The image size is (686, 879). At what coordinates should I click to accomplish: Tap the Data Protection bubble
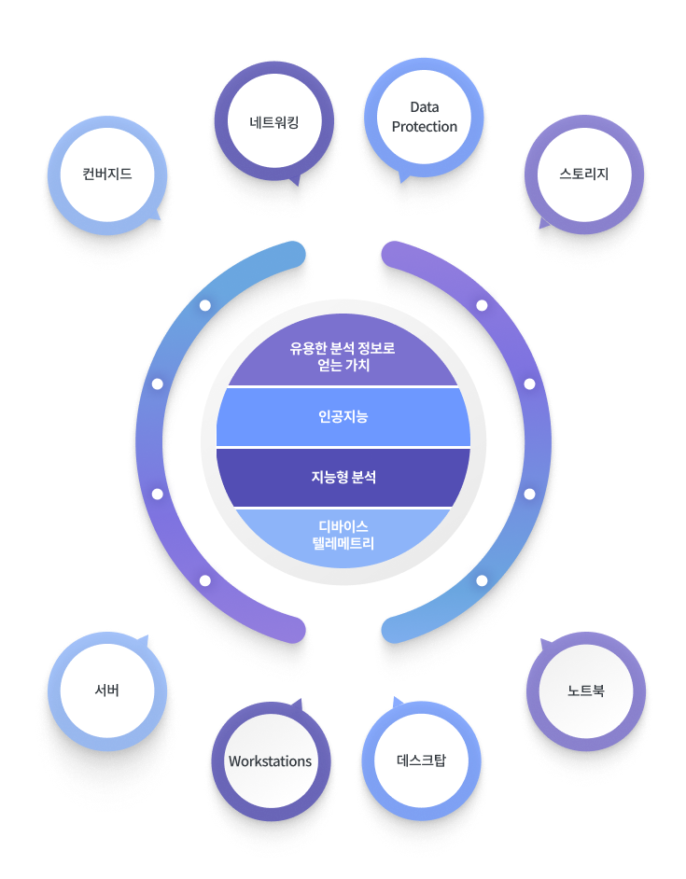[x=424, y=118]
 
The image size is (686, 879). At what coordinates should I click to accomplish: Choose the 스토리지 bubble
[x=584, y=174]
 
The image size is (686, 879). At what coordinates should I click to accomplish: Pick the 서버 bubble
[x=107, y=691]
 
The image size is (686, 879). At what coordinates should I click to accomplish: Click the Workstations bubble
[x=270, y=760]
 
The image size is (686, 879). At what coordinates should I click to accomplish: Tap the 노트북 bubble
[x=586, y=691]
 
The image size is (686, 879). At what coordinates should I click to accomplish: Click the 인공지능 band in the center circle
[x=343, y=417]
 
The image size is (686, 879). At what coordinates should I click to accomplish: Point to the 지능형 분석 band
[x=343, y=477]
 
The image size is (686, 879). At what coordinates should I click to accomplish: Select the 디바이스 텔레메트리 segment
[x=343, y=536]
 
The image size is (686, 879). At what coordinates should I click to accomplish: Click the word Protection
[x=425, y=127]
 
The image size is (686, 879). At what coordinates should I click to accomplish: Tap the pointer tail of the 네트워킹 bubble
[x=296, y=180]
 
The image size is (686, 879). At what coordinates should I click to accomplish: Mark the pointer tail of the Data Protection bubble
[x=403, y=177]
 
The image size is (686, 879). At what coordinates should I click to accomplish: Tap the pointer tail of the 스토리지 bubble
[x=543, y=225]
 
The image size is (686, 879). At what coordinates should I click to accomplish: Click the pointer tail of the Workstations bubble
[x=299, y=702]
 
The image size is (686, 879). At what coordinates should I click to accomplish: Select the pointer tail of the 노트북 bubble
[x=542, y=644]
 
